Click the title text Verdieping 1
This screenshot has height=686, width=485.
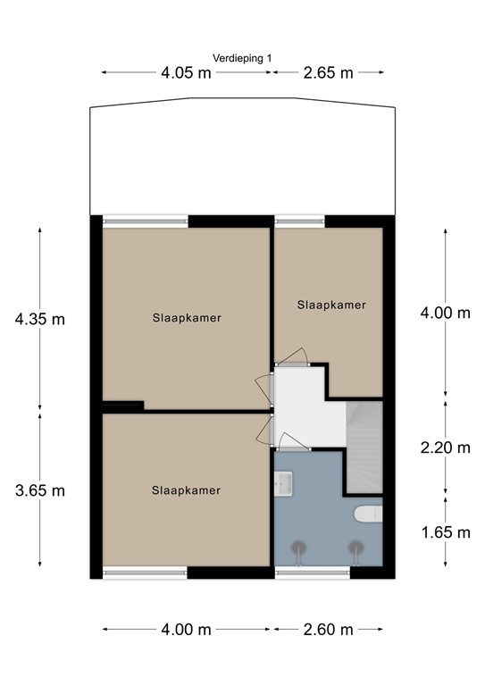pyautogui.click(x=243, y=58)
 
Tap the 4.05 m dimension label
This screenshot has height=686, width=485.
pyautogui.click(x=186, y=73)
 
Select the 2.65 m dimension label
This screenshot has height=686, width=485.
pyautogui.click(x=329, y=73)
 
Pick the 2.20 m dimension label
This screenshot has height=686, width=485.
pyautogui.click(x=445, y=448)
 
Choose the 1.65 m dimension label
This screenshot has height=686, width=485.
pyautogui.click(x=445, y=533)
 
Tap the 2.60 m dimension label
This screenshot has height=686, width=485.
pyautogui.click(x=329, y=630)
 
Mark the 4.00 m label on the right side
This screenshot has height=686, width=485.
pyautogui.click(x=445, y=313)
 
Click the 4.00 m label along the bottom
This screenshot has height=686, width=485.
pyautogui.click(x=186, y=630)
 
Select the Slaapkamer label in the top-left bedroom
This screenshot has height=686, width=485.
pyautogui.click(x=187, y=317)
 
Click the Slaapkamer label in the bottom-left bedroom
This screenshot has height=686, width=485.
pyautogui.click(x=186, y=489)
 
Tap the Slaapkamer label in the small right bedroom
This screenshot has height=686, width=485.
pyautogui.click(x=331, y=305)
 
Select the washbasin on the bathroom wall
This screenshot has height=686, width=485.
pyautogui.click(x=284, y=482)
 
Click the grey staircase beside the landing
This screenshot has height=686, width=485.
pyautogui.click(x=364, y=447)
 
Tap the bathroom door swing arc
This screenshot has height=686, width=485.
pyautogui.click(x=293, y=439)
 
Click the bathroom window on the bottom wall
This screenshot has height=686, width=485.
pyautogui.click(x=312, y=573)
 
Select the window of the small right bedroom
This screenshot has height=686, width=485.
pyautogui.click(x=299, y=219)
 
